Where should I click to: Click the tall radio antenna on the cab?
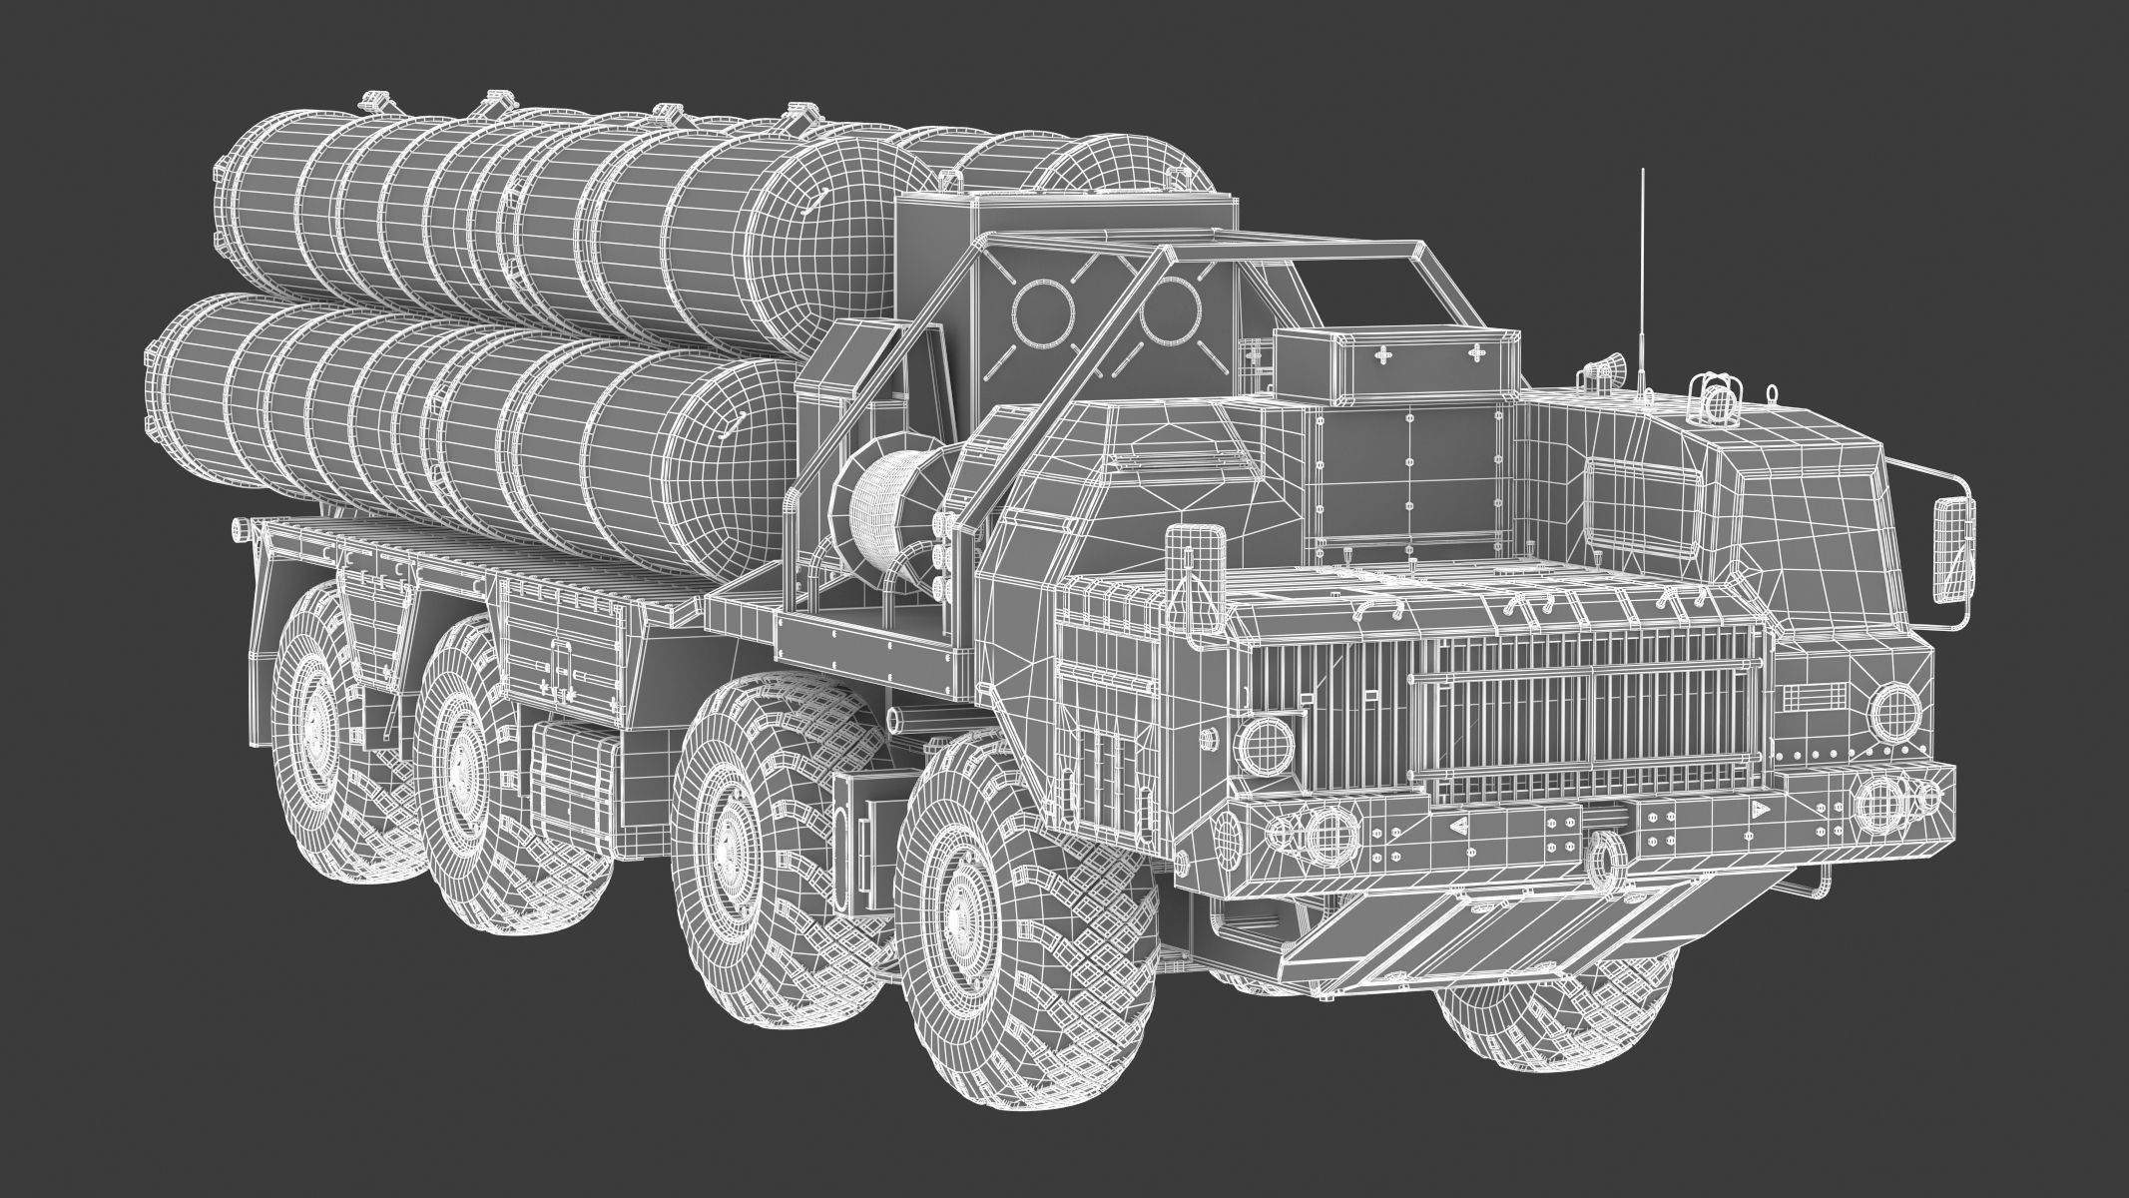[x=1642, y=290]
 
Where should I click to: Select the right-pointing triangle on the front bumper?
[x=1761, y=808]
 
